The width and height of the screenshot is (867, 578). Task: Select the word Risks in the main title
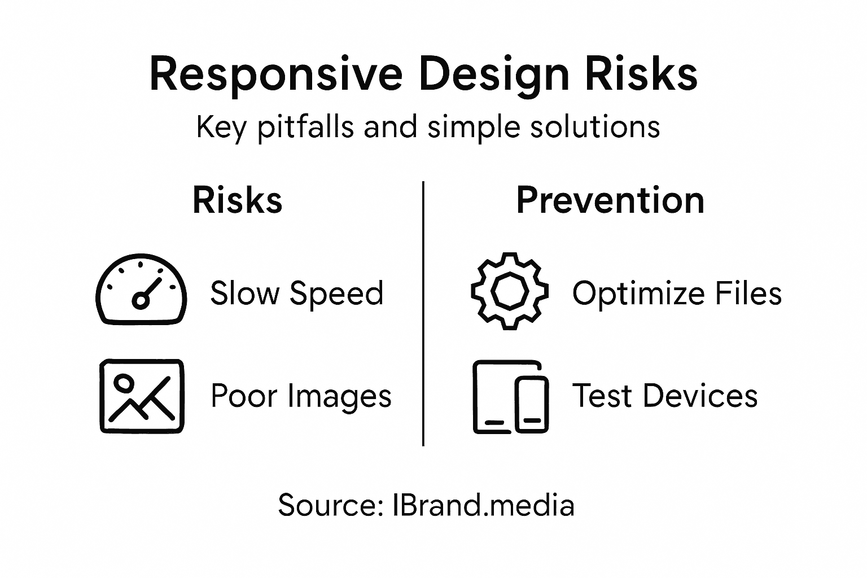tap(641, 75)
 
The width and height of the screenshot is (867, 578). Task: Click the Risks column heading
tap(237, 200)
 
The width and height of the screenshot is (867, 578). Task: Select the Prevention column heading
tap(610, 200)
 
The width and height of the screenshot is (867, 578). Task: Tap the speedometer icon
tap(141, 289)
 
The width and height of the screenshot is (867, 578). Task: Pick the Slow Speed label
tap(296, 294)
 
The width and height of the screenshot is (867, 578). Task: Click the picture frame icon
tap(142, 396)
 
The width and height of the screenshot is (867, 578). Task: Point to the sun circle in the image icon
tap(123, 384)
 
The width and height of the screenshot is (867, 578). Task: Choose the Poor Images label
tap(301, 396)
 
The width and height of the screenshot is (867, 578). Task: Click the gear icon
tap(509, 291)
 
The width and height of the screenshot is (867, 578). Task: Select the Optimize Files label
tap(677, 294)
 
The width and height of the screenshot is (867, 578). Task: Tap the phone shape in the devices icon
tap(532, 404)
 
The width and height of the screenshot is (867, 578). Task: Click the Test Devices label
tap(665, 396)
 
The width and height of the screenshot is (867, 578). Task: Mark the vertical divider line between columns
tap(423, 313)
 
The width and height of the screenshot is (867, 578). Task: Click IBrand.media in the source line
tap(483, 505)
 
